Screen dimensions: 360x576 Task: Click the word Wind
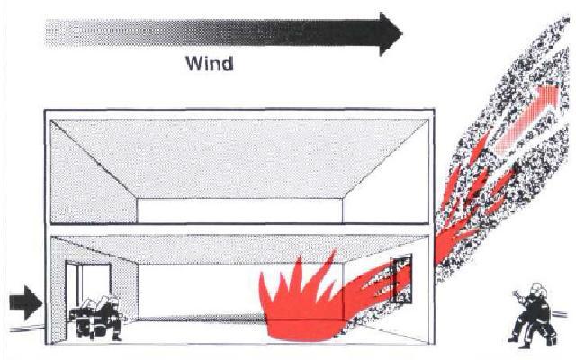pyautogui.click(x=208, y=64)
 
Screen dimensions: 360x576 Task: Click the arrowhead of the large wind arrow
pyautogui.click(x=390, y=33)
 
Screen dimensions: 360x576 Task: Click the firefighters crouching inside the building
pyautogui.click(x=96, y=317)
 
